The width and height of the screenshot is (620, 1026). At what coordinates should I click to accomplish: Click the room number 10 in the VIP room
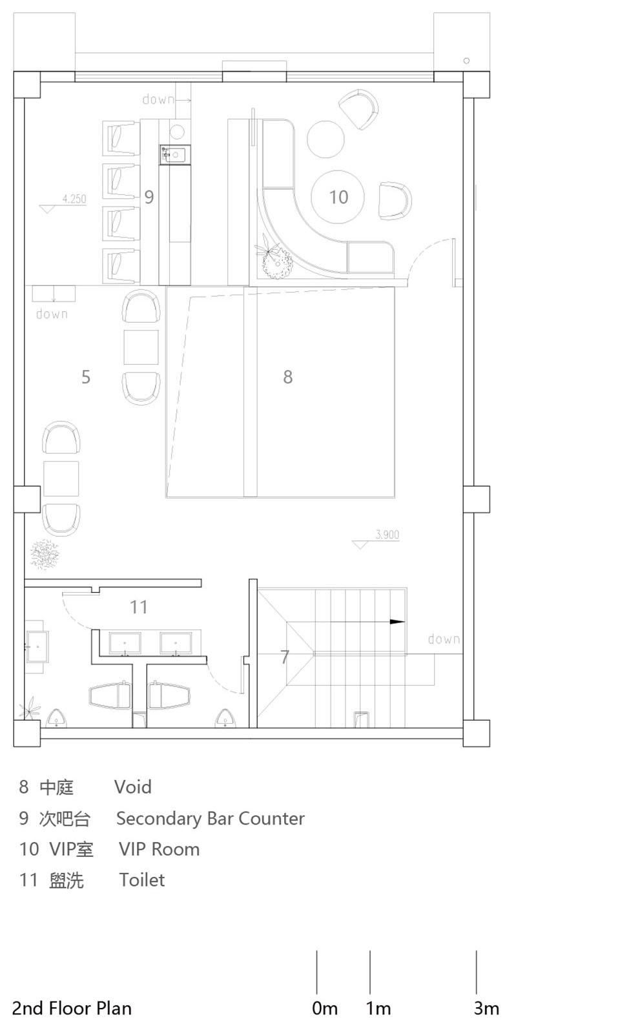[338, 197]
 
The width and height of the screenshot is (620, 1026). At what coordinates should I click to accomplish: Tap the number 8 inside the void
[287, 376]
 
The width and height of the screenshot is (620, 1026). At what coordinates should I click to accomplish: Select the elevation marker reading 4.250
[73, 200]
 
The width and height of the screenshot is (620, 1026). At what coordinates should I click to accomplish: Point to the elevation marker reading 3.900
[386, 535]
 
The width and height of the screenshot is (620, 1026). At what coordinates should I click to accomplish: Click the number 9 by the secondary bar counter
[149, 197]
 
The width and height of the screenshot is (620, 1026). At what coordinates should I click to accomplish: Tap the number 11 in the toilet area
[138, 607]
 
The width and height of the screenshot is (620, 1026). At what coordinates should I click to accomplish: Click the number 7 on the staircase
[285, 657]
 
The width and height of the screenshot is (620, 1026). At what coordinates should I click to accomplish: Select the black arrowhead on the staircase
[397, 622]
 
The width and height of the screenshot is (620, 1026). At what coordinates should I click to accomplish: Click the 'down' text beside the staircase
[444, 639]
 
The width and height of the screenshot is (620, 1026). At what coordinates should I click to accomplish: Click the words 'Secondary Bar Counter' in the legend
[210, 818]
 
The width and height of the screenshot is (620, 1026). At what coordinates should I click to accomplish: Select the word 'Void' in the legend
[132, 786]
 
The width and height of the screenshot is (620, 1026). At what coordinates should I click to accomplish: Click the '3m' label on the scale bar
[486, 1008]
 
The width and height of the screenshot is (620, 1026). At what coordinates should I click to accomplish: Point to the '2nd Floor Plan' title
[72, 1008]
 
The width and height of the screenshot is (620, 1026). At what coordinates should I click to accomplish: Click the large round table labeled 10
[338, 196]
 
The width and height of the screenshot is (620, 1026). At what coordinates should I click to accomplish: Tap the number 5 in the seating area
[85, 376]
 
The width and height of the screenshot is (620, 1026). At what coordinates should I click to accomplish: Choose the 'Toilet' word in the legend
[141, 879]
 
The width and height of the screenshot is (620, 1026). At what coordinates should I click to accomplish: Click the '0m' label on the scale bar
[324, 1008]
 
